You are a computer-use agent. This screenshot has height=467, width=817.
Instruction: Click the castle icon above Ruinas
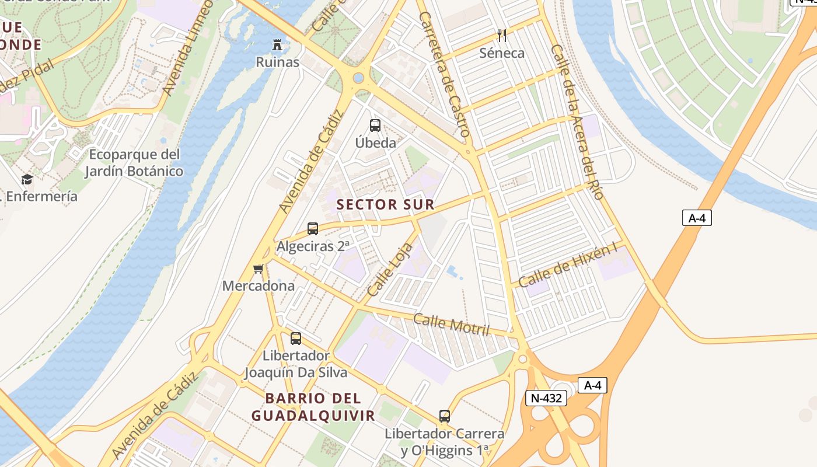point(277,45)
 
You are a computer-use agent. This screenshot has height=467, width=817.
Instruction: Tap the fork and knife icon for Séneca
point(501,36)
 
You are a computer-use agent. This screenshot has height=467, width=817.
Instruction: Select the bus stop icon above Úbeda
point(375,125)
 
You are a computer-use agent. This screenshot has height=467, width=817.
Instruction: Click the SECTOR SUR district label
point(385,204)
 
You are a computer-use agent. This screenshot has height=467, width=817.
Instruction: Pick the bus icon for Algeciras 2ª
point(313,228)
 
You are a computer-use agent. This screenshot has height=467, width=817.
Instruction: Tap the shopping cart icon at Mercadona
point(259,269)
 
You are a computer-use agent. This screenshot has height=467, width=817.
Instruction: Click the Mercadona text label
point(258,286)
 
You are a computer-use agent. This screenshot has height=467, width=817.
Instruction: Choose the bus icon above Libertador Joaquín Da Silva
point(296,338)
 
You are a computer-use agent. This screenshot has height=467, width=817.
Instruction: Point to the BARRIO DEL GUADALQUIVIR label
point(313,407)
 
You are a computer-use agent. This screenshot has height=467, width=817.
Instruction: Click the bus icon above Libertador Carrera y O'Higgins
point(445,416)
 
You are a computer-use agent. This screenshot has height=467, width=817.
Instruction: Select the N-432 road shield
point(546,398)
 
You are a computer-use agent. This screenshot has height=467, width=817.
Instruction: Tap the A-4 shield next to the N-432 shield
point(592,385)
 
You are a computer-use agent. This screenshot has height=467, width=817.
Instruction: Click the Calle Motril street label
point(451,325)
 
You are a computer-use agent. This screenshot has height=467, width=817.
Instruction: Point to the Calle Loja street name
point(386,269)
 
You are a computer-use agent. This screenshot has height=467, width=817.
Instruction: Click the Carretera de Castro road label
point(444,75)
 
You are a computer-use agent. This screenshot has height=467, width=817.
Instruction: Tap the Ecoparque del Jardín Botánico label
point(134,163)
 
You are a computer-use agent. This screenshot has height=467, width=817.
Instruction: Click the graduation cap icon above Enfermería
point(27,179)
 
